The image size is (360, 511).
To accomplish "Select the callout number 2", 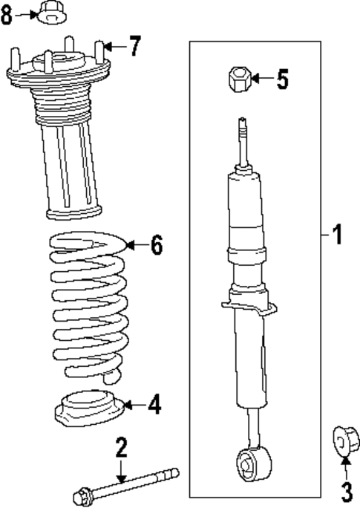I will (x=122, y=447).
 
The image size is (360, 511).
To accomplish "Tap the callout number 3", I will (x=345, y=490).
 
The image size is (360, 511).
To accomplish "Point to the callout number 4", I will (x=153, y=405).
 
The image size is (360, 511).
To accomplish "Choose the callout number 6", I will (x=156, y=245).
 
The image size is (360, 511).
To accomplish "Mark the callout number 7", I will (x=133, y=47).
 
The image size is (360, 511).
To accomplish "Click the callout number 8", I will (x=7, y=16).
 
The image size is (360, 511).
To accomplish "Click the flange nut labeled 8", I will (x=48, y=12).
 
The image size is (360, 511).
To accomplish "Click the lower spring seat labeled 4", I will (x=86, y=411).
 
